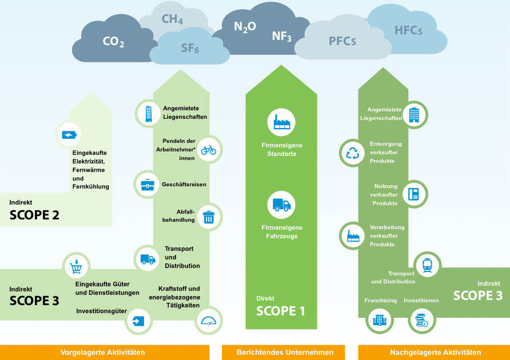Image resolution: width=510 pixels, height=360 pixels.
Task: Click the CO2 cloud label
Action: (x=113, y=42)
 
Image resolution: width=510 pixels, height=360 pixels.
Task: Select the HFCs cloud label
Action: (x=408, y=30)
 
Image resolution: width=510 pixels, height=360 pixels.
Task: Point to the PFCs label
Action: (x=342, y=41)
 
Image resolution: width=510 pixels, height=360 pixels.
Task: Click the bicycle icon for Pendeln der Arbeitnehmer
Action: (x=209, y=150)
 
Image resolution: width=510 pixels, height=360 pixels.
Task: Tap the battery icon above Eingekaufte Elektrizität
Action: (x=69, y=135)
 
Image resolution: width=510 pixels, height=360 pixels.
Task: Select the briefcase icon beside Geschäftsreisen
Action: (x=148, y=184)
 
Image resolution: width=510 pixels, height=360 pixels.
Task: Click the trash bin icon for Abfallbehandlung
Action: (x=209, y=217)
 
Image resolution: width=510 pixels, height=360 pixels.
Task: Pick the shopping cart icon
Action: (x=76, y=267)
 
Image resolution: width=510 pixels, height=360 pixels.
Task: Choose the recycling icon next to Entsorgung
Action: (x=352, y=153)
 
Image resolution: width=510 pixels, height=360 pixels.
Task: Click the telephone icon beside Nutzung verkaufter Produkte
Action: (x=413, y=194)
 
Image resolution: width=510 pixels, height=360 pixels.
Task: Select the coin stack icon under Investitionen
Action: (x=421, y=321)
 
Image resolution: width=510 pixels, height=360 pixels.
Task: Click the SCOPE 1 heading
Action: (x=280, y=311)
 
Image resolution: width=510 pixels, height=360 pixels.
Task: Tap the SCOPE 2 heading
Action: (x=34, y=215)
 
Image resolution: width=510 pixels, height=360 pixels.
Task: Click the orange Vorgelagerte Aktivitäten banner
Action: (x=103, y=353)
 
